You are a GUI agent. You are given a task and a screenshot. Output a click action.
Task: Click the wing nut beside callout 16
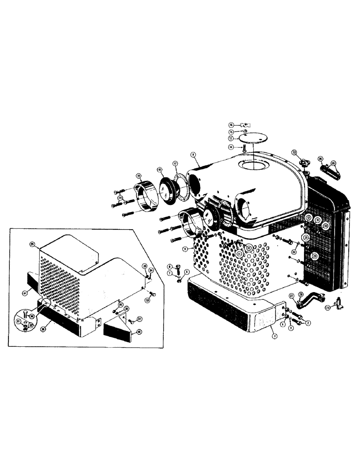coord(246,125)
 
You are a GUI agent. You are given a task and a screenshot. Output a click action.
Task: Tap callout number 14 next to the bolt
coord(231,147)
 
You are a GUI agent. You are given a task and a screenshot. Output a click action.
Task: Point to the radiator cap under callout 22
coord(306,165)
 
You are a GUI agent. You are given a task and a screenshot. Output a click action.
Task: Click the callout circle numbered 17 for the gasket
coord(175,164)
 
